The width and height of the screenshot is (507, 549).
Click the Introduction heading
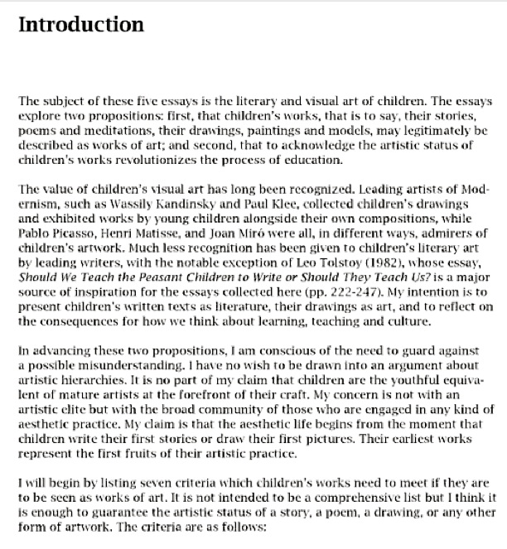80,24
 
